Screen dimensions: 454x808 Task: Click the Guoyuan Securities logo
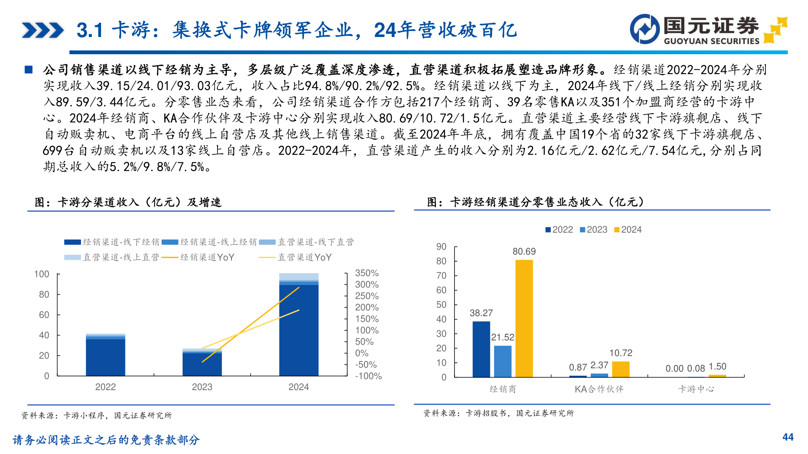click(708, 29)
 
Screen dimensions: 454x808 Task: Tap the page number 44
click(788, 437)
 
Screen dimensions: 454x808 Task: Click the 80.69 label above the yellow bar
click(524, 251)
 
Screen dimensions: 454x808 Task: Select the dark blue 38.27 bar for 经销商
click(481, 349)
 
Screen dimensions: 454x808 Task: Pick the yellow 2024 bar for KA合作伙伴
click(621, 369)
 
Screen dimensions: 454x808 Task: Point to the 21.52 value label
click(502, 337)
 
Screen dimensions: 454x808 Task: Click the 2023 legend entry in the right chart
click(593, 230)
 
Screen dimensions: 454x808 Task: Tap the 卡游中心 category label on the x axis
click(696, 389)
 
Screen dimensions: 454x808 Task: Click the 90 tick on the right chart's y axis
click(441, 247)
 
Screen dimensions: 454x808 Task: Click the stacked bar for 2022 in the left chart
click(105, 355)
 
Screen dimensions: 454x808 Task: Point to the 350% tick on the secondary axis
click(367, 273)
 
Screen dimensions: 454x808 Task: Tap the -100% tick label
click(368, 376)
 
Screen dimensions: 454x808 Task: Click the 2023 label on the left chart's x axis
click(202, 387)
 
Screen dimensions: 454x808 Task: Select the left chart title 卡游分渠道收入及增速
click(128, 202)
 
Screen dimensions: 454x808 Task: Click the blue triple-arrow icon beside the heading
click(43, 30)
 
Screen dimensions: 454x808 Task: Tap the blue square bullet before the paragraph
click(29, 70)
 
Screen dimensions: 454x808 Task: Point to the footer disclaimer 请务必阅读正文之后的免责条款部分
click(106, 440)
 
